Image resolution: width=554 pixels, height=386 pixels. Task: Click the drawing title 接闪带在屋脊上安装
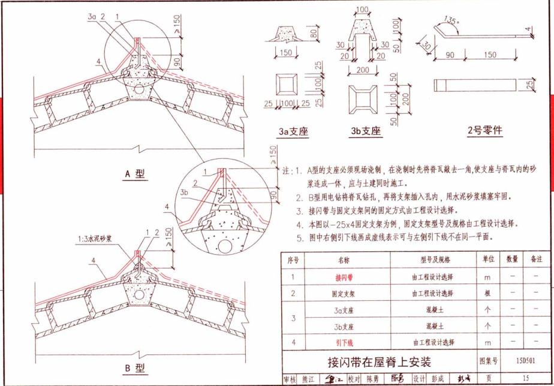click(379, 362)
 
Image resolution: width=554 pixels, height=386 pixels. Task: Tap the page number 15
click(526, 378)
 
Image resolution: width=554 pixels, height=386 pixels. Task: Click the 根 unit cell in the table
click(487, 294)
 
